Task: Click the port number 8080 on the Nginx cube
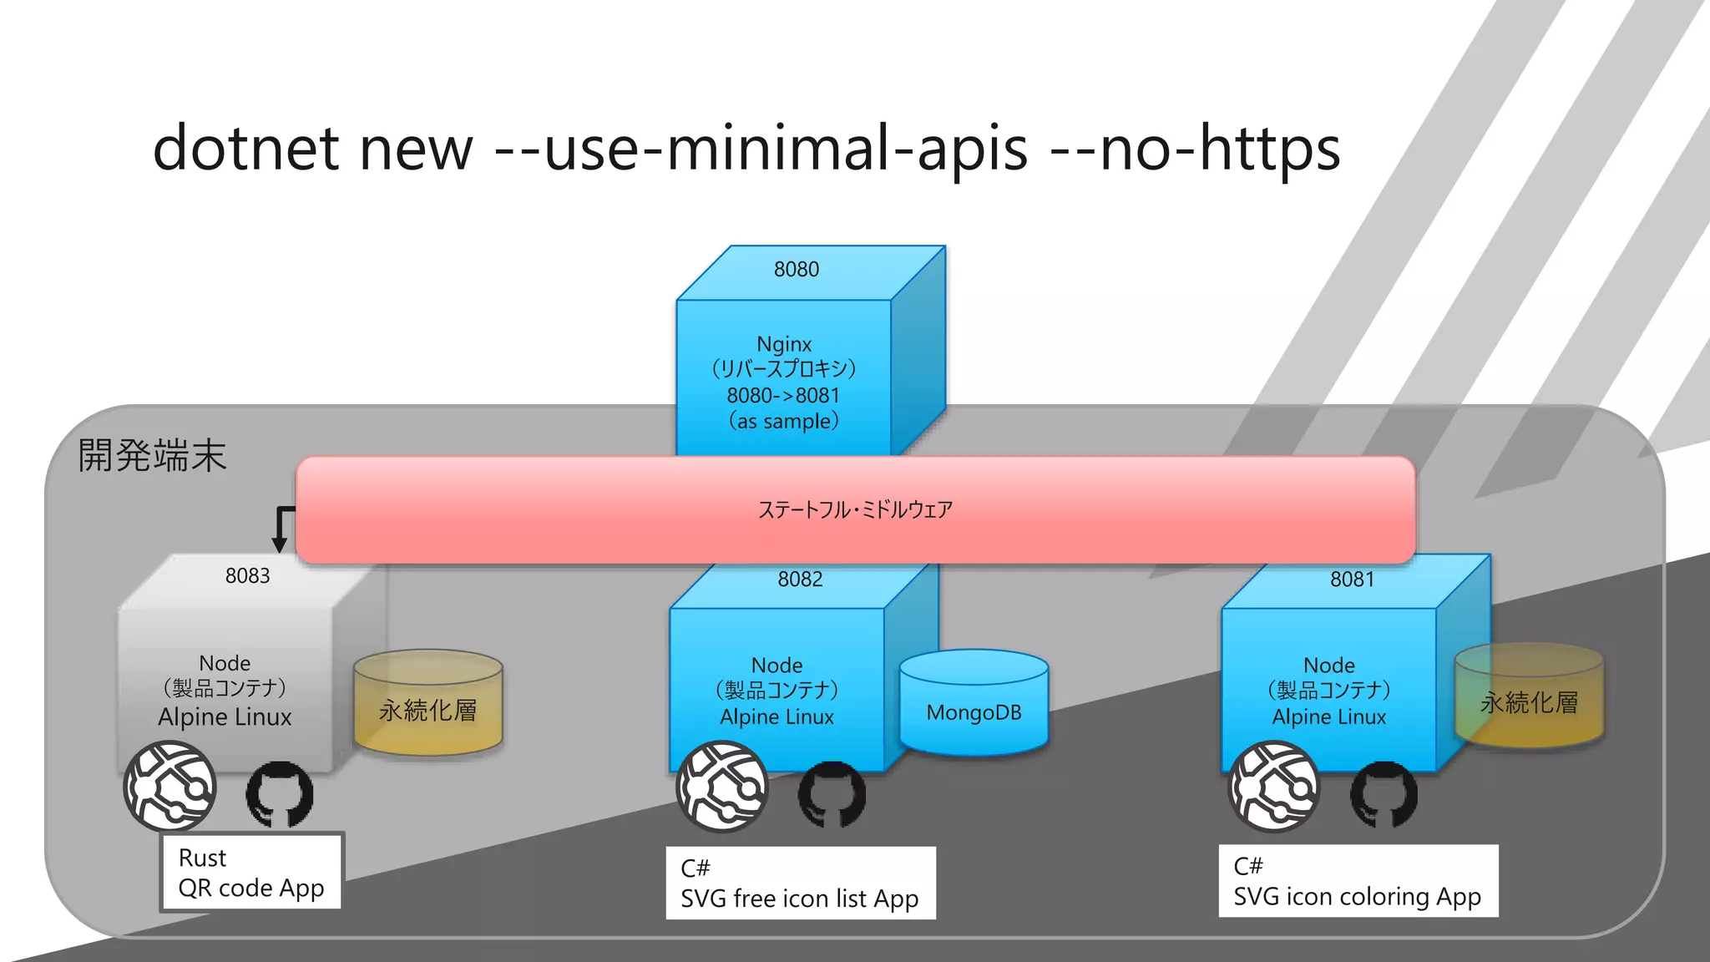pyautogui.click(x=796, y=269)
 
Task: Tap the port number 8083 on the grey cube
pyautogui.click(x=247, y=575)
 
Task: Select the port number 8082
pyautogui.click(x=800, y=579)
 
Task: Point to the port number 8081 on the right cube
pyautogui.click(x=1352, y=579)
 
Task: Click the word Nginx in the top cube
pyautogui.click(x=783, y=344)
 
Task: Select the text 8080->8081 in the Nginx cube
pyautogui.click(x=782, y=395)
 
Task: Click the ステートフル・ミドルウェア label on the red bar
pyautogui.click(x=855, y=509)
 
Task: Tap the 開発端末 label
pyautogui.click(x=152, y=456)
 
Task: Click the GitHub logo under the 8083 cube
pyautogui.click(x=280, y=793)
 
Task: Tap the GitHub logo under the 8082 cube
pyautogui.click(x=832, y=793)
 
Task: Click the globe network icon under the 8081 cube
pyautogui.click(x=1274, y=787)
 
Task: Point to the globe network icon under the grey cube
pyautogui.click(x=170, y=787)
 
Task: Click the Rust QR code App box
pyautogui.click(x=251, y=872)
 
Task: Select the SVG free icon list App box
pyautogui.click(x=800, y=883)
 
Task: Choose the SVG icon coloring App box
pyautogui.click(x=1358, y=881)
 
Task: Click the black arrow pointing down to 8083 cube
pyautogui.click(x=281, y=531)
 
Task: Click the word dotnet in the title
pyautogui.click(x=245, y=149)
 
